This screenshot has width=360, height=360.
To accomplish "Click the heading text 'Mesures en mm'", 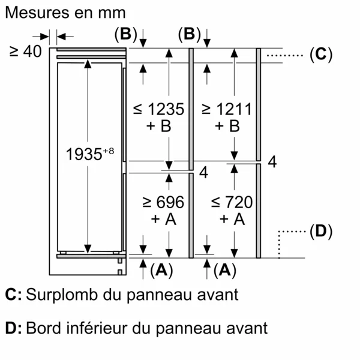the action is click(x=65, y=13).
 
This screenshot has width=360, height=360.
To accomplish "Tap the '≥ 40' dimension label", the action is click(x=25, y=51).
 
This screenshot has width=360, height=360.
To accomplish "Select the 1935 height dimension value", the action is click(x=84, y=154).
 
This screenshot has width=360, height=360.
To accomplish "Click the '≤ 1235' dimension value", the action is click(x=158, y=109).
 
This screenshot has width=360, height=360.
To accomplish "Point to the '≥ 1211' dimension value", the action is click(x=227, y=109).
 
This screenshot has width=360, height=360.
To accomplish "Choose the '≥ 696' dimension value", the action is click(x=163, y=202).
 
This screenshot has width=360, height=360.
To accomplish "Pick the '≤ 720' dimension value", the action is click(x=232, y=202).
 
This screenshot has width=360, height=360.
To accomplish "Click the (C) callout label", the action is click(x=321, y=54).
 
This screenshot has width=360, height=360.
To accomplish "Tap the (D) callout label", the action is click(x=321, y=231).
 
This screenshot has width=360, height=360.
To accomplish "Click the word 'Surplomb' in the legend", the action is click(x=62, y=295).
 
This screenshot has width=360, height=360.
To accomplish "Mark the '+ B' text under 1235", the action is click(x=158, y=126).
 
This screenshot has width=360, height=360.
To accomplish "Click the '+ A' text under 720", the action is click(x=232, y=219).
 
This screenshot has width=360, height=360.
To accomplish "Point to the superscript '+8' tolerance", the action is click(x=109, y=151).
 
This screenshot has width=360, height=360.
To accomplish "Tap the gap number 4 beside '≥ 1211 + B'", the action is click(x=272, y=162).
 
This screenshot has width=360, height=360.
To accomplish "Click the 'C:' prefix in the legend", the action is click(x=14, y=295).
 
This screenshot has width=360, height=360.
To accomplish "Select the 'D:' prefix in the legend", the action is click(x=14, y=328).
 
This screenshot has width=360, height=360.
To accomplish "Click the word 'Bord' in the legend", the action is click(x=44, y=328).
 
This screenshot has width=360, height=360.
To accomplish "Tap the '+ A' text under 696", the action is click(x=163, y=219).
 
